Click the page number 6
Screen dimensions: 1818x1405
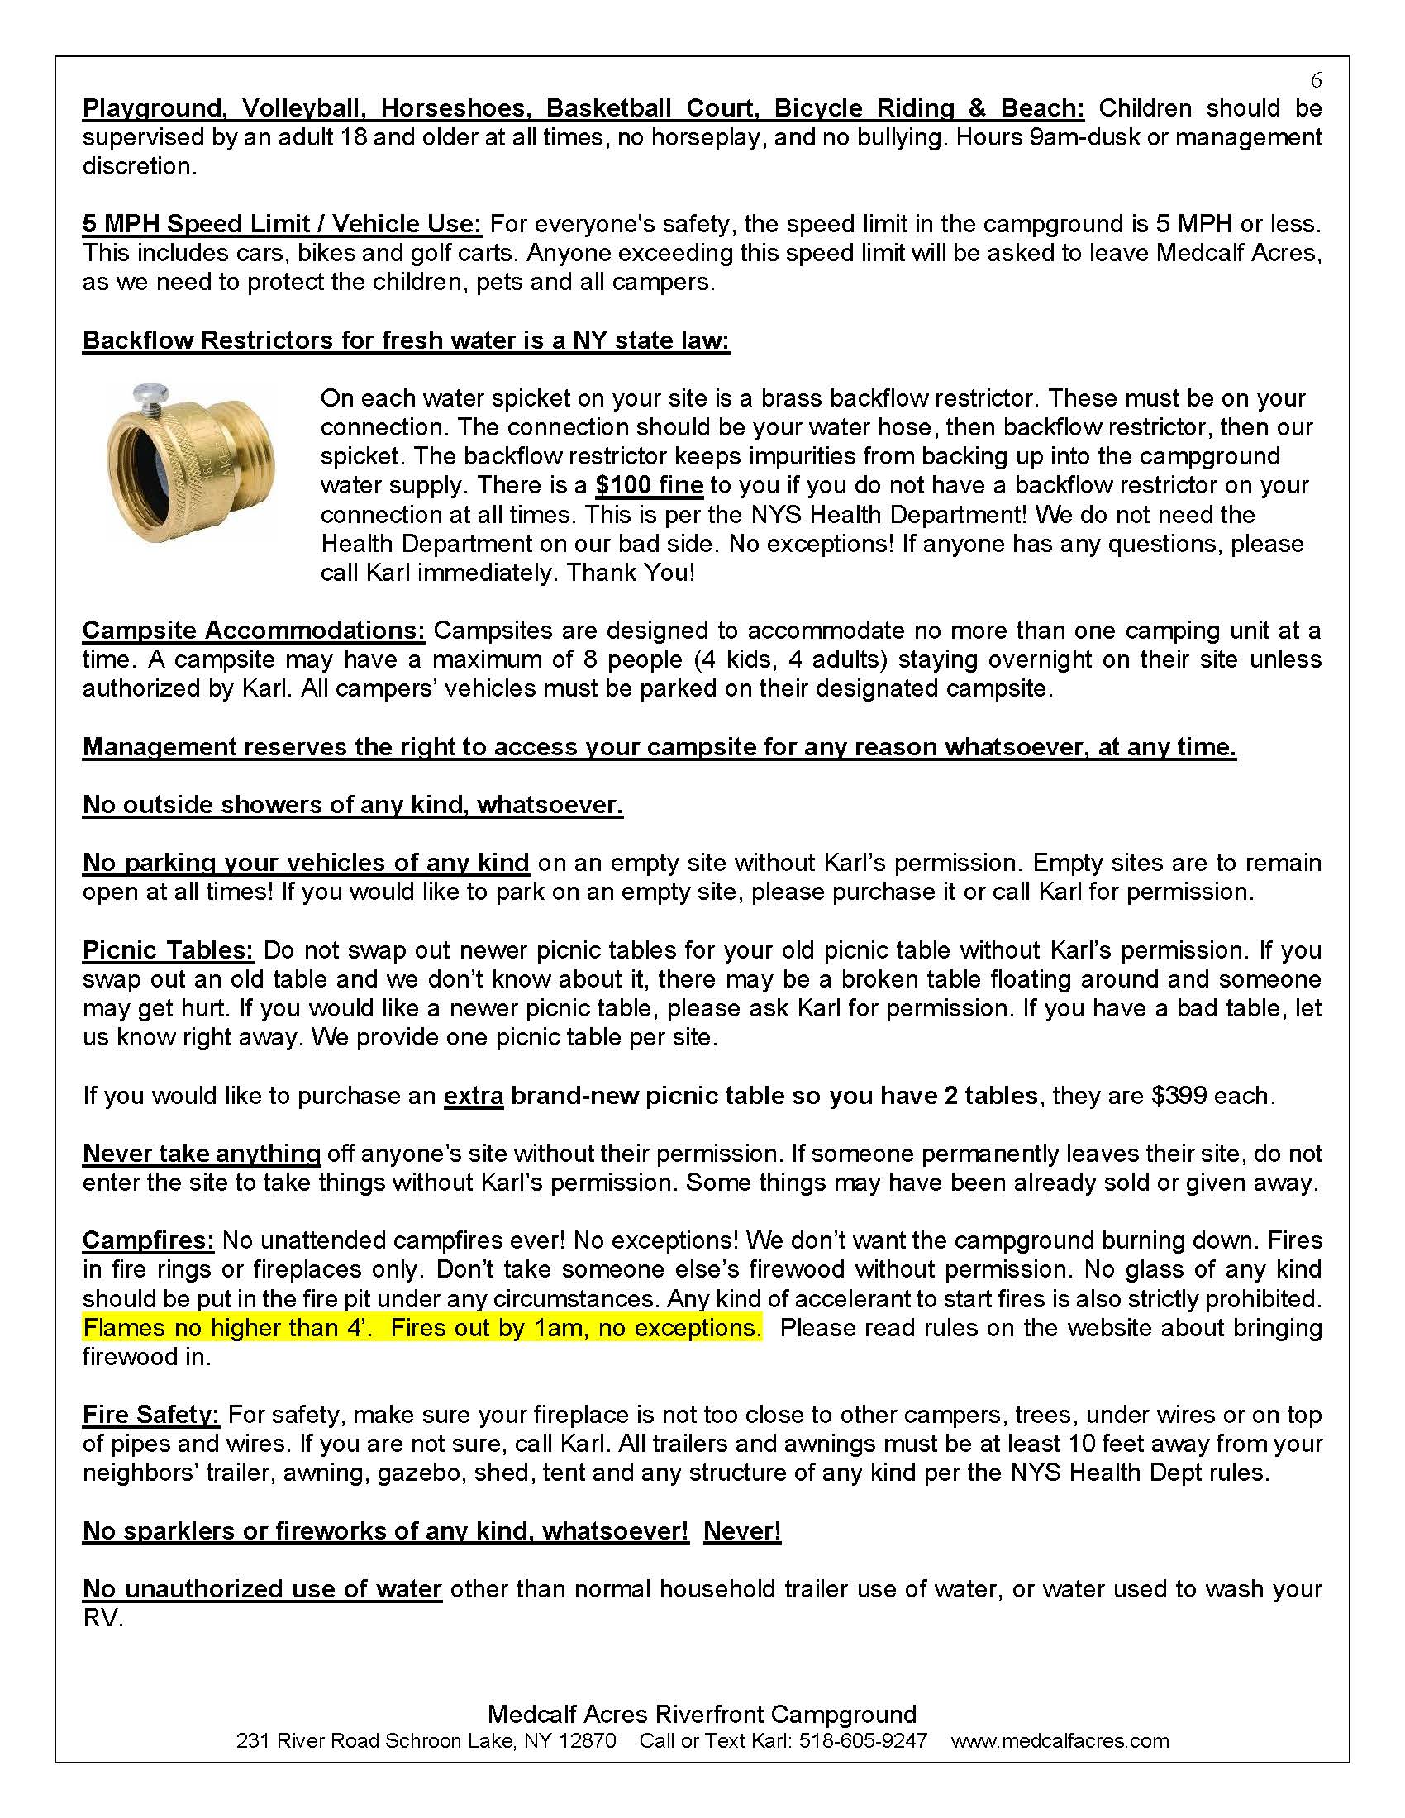coord(1315,80)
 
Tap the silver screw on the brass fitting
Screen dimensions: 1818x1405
coord(150,394)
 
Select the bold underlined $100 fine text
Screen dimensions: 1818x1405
coord(650,485)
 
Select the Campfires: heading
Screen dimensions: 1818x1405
coord(148,1240)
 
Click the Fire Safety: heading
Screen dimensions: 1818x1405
coord(150,1414)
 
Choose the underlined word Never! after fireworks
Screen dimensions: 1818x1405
coord(741,1530)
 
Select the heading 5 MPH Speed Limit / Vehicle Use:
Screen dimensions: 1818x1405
coord(281,224)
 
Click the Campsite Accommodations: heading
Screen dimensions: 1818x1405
coord(253,631)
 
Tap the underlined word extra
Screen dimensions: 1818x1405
coord(473,1096)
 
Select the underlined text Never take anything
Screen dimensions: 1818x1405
coord(201,1154)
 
